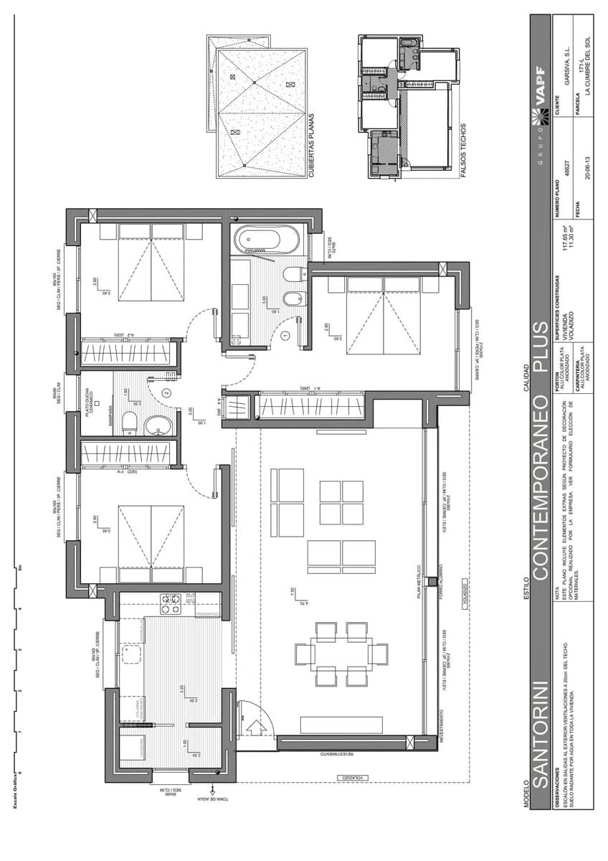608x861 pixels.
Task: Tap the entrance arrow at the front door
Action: click(x=255, y=727)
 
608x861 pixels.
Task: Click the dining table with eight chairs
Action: click(x=341, y=654)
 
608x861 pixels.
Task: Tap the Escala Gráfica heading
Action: click(x=14, y=789)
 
